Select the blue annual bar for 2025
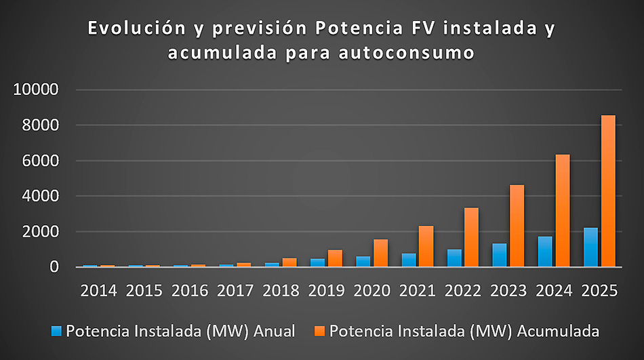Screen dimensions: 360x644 pos(590,247)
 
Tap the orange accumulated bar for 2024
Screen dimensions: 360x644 pos(563,211)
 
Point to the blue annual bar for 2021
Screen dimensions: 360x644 pos(408,260)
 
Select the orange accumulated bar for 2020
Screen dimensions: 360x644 pos(380,253)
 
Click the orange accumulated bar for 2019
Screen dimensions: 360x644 pos(335,258)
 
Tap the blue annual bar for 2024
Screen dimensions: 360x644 pos(545,252)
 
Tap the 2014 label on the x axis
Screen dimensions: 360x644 pos(98,291)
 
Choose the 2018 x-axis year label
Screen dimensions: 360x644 pos(281,291)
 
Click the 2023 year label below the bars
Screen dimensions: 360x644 pos(508,291)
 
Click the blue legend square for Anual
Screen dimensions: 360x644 pos(57,331)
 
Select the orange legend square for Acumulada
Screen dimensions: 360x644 pos(319,331)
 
